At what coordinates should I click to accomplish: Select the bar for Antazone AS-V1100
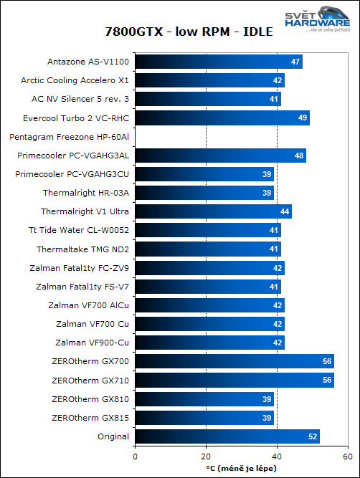click(x=218, y=62)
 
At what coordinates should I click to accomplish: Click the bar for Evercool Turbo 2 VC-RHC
click(x=222, y=118)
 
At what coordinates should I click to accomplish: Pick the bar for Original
click(x=227, y=436)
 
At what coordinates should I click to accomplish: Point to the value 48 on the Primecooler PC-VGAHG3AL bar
click(x=299, y=156)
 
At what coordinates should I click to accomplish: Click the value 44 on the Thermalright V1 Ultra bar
click(x=285, y=211)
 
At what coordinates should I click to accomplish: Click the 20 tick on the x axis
click(x=205, y=456)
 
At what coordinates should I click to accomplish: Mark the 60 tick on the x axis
click(x=346, y=456)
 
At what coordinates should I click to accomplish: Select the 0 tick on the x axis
click(x=135, y=456)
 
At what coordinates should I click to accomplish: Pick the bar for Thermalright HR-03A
click(x=204, y=193)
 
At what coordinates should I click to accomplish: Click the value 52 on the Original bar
click(x=313, y=436)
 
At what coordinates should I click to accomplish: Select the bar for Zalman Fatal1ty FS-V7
click(x=207, y=287)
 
